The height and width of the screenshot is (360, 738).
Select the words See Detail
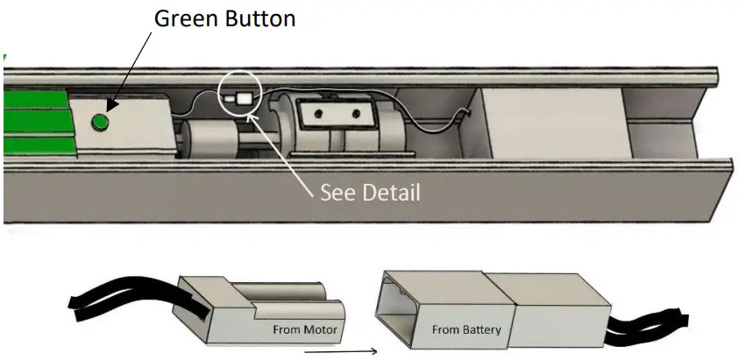(370, 191)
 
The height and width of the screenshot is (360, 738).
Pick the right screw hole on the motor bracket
(355, 113)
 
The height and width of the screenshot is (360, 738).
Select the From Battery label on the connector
(466, 329)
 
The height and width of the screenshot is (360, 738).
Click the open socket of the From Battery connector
(400, 309)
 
